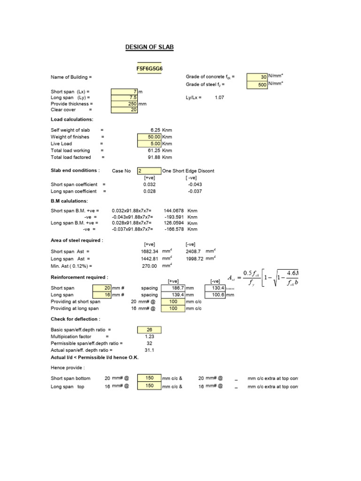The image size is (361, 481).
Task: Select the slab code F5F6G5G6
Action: [149, 69]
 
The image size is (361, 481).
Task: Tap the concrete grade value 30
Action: [257, 77]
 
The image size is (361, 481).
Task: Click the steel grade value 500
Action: [257, 85]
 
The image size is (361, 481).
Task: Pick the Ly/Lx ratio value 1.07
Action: [220, 97]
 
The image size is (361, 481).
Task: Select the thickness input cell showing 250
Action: [125, 104]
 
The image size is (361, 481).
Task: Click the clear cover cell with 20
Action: [125, 110]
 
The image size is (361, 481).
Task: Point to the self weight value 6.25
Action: [155, 130]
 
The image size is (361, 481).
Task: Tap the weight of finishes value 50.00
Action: [149, 137]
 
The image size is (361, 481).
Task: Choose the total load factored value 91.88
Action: [154, 157]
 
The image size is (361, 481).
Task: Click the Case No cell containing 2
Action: [149, 171]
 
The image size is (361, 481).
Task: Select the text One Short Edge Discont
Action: [188, 171]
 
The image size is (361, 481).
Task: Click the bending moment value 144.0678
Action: [173, 211]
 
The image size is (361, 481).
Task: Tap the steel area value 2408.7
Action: [194, 251]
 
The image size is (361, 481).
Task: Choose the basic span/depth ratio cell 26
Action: [149, 330]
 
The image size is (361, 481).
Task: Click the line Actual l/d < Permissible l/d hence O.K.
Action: [88, 357]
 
